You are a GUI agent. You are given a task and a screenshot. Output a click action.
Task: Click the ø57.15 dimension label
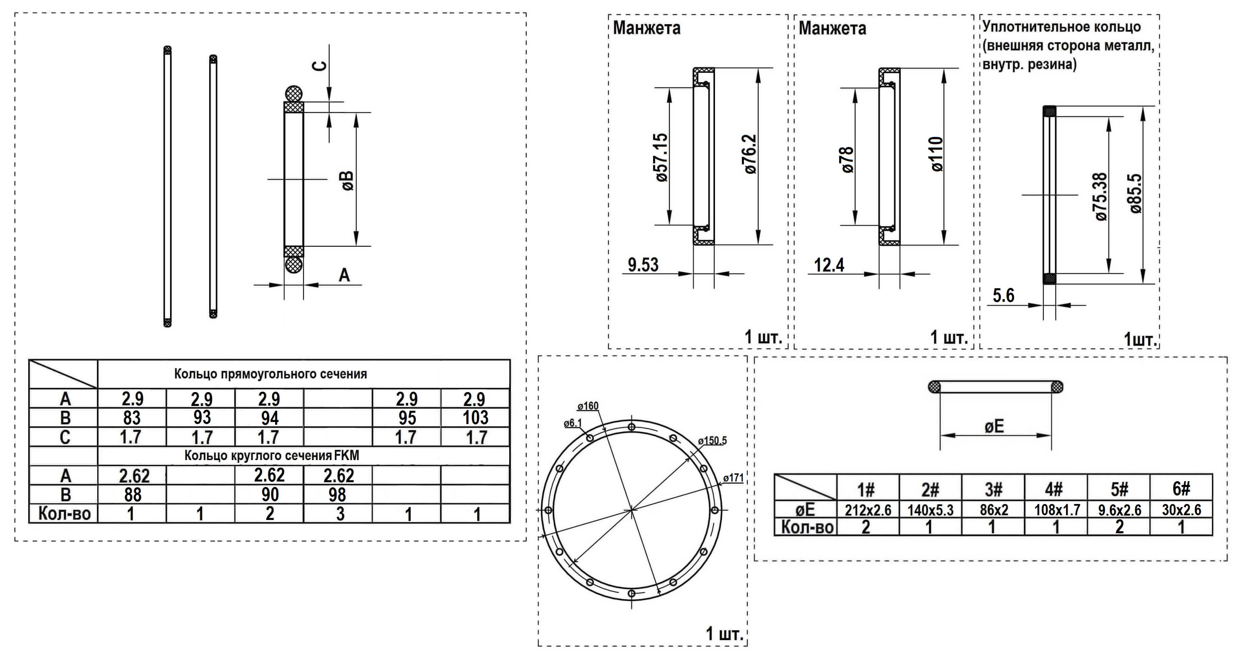662,158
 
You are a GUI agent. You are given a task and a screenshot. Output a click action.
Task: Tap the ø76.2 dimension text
750,154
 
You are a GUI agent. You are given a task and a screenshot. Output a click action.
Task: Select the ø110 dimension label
937,154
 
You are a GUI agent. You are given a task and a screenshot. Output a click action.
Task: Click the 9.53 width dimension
643,265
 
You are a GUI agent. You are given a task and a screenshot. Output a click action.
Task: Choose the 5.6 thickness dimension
1003,295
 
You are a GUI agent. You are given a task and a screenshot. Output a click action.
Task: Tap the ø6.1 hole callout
573,423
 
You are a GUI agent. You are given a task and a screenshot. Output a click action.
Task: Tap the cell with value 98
337,494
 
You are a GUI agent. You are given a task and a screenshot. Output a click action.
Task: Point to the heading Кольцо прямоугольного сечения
271,374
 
